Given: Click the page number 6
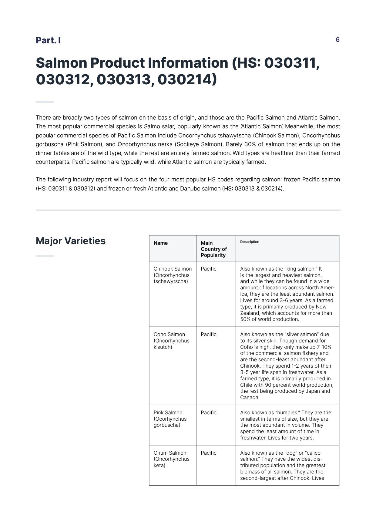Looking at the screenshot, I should [x=337, y=40].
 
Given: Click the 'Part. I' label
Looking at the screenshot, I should [x=48, y=40].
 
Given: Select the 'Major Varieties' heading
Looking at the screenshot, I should [x=71, y=241].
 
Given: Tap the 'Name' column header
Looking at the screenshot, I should [x=161, y=243].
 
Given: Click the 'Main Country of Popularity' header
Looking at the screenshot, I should [x=213, y=249].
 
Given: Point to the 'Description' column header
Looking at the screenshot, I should [x=250, y=242].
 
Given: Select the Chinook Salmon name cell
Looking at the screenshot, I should [x=173, y=275].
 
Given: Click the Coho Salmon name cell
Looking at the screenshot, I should [x=171, y=341].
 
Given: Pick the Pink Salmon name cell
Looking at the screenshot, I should [x=170, y=419].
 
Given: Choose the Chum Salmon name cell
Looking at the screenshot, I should [x=171, y=459].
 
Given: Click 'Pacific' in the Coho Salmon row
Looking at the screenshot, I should [x=209, y=334].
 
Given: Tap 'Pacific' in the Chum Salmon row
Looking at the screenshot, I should [x=209, y=453].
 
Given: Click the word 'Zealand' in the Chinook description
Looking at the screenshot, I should [x=249, y=313].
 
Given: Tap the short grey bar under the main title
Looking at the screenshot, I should [x=45, y=102].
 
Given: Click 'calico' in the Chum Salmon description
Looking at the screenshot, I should [x=311, y=453].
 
